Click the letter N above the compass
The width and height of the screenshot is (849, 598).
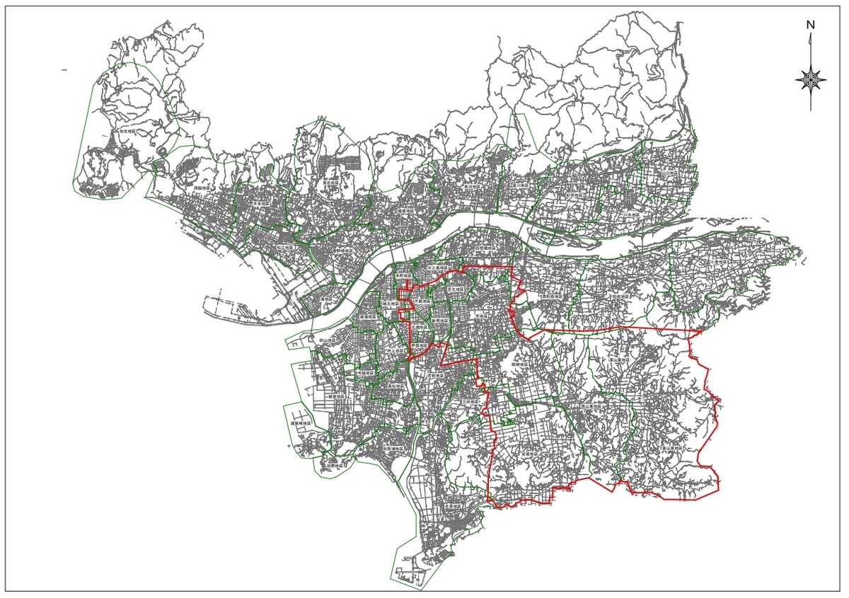pos(811,24)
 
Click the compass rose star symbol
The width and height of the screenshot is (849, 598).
pos(811,79)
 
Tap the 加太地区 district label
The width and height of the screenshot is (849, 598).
pos(128,132)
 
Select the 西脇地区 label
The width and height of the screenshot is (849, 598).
pos(204,189)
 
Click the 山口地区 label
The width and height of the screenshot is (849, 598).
pos(669,172)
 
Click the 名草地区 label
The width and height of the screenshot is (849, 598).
pos(453,507)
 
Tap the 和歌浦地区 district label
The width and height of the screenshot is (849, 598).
pos(392,449)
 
